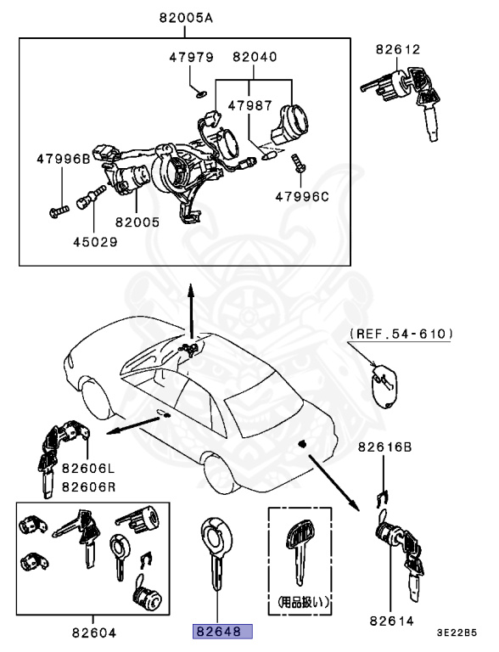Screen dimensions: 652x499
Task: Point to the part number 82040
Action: (x=252, y=56)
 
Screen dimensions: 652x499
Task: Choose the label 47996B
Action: (x=62, y=159)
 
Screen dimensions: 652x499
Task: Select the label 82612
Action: (x=399, y=49)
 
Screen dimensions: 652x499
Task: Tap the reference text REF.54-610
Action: (x=400, y=334)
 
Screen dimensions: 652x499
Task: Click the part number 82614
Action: (x=391, y=621)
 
